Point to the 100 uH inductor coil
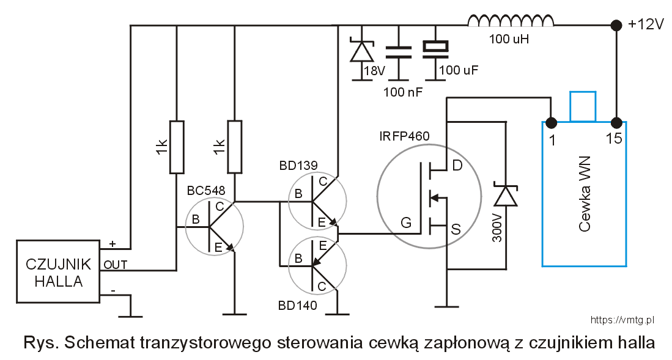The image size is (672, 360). click(x=511, y=22)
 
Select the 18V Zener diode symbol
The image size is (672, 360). click(x=361, y=51)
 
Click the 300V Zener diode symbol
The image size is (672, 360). click(x=506, y=196)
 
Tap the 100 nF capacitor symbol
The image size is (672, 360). click(x=399, y=52)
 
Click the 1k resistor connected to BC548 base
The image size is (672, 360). click(x=176, y=147)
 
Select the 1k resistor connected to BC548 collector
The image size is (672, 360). click(x=235, y=147)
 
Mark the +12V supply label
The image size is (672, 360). click(x=646, y=24)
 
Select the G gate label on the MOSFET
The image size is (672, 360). click(x=405, y=224)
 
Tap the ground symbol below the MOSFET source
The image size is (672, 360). click(x=448, y=306)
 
